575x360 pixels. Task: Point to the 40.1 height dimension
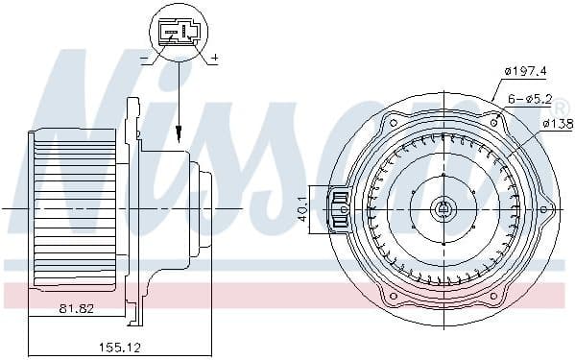coord(304,207)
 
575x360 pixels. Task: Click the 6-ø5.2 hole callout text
coord(530,97)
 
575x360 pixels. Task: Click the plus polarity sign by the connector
coord(214,60)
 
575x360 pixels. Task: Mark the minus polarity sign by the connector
coord(144,60)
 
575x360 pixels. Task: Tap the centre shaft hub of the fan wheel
coord(443,207)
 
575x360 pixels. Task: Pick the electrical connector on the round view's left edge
coord(339,208)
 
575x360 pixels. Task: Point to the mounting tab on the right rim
coord(547,207)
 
